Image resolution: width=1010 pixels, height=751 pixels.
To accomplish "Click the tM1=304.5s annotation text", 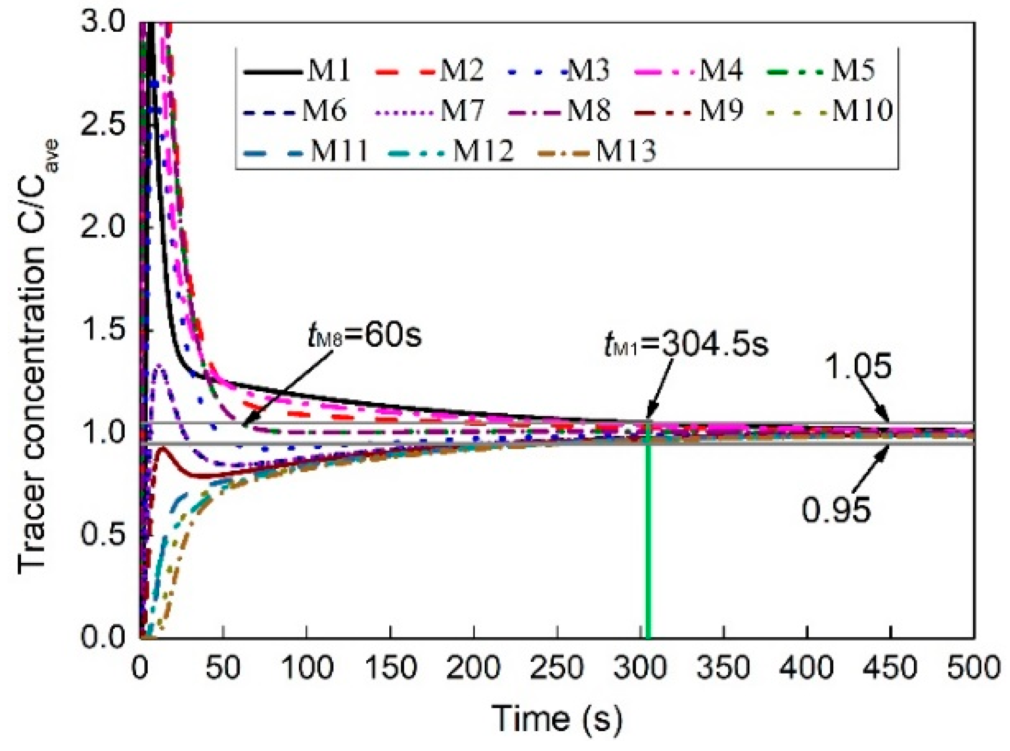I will pos(687,346).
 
